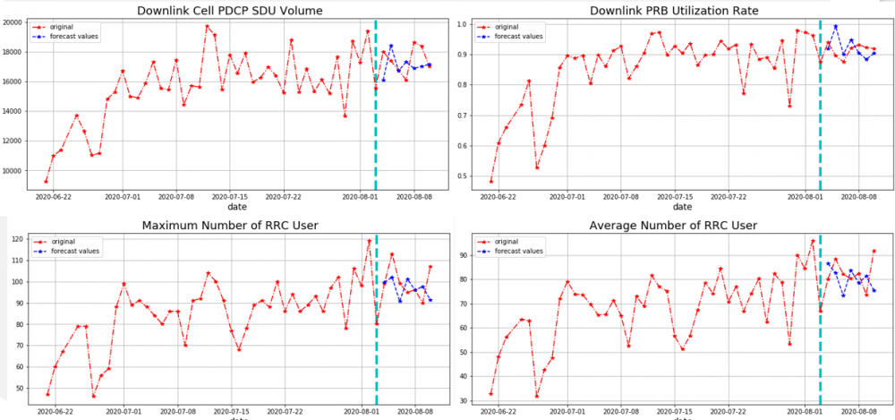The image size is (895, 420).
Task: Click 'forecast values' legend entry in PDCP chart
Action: pos(76,37)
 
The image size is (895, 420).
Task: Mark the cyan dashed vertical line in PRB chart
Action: pos(821,107)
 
